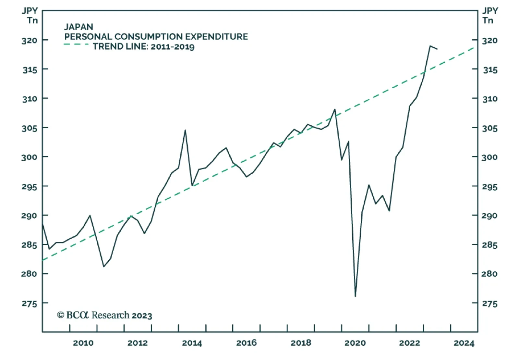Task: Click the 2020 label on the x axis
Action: pyautogui.click(x=355, y=343)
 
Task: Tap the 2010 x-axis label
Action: pyautogui.click(x=83, y=343)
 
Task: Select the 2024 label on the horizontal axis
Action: pyautogui.click(x=464, y=343)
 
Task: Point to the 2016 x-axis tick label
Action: pyautogui.click(x=246, y=343)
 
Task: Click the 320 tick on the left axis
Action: pyautogui.click(x=30, y=41)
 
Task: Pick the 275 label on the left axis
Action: pyautogui.click(x=30, y=304)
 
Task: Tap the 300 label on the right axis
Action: pyautogui.click(x=490, y=157)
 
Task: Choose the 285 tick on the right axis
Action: pyautogui.click(x=490, y=245)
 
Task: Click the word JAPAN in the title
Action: pyautogui.click(x=78, y=27)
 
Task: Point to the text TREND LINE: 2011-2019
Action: pyautogui.click(x=143, y=46)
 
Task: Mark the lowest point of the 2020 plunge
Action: pyautogui.click(x=356, y=297)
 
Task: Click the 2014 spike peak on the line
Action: pyautogui.click(x=185, y=130)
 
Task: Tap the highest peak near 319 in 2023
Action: pyautogui.click(x=430, y=46)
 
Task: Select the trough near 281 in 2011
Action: pyautogui.click(x=103, y=267)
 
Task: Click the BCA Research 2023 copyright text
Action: pyautogui.click(x=104, y=315)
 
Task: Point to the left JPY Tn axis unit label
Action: pyautogui.click(x=30, y=16)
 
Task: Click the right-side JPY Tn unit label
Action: pyautogui.click(x=489, y=16)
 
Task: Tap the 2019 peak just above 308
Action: pyautogui.click(x=335, y=109)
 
